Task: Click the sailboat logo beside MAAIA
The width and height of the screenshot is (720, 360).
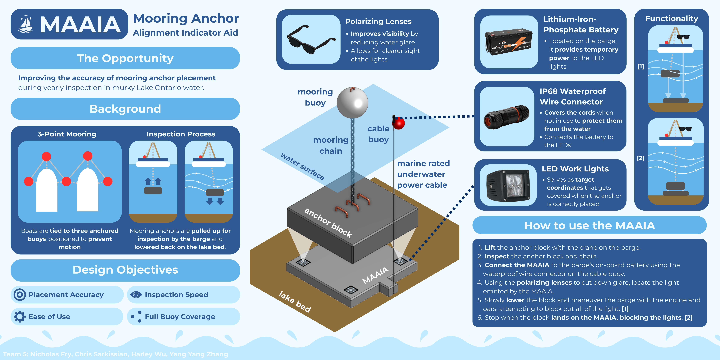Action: point(26,24)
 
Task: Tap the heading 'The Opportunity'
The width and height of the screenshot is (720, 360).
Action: point(125,58)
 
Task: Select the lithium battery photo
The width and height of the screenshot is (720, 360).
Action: point(509,42)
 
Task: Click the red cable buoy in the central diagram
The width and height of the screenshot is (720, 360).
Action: point(399,123)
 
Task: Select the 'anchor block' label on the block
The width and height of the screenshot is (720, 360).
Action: point(328,223)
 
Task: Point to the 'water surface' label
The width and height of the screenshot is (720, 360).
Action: point(302,167)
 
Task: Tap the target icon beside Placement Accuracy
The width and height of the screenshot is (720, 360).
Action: point(20,295)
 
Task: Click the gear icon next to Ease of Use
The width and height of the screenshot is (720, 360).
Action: point(20,317)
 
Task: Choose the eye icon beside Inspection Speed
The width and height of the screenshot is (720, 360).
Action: point(136,295)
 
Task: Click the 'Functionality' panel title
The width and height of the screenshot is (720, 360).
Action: point(671,18)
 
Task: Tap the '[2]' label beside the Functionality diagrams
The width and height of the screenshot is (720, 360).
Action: point(641,158)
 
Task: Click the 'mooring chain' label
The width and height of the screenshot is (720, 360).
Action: point(331,145)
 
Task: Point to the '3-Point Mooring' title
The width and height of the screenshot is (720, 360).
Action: point(67,134)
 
